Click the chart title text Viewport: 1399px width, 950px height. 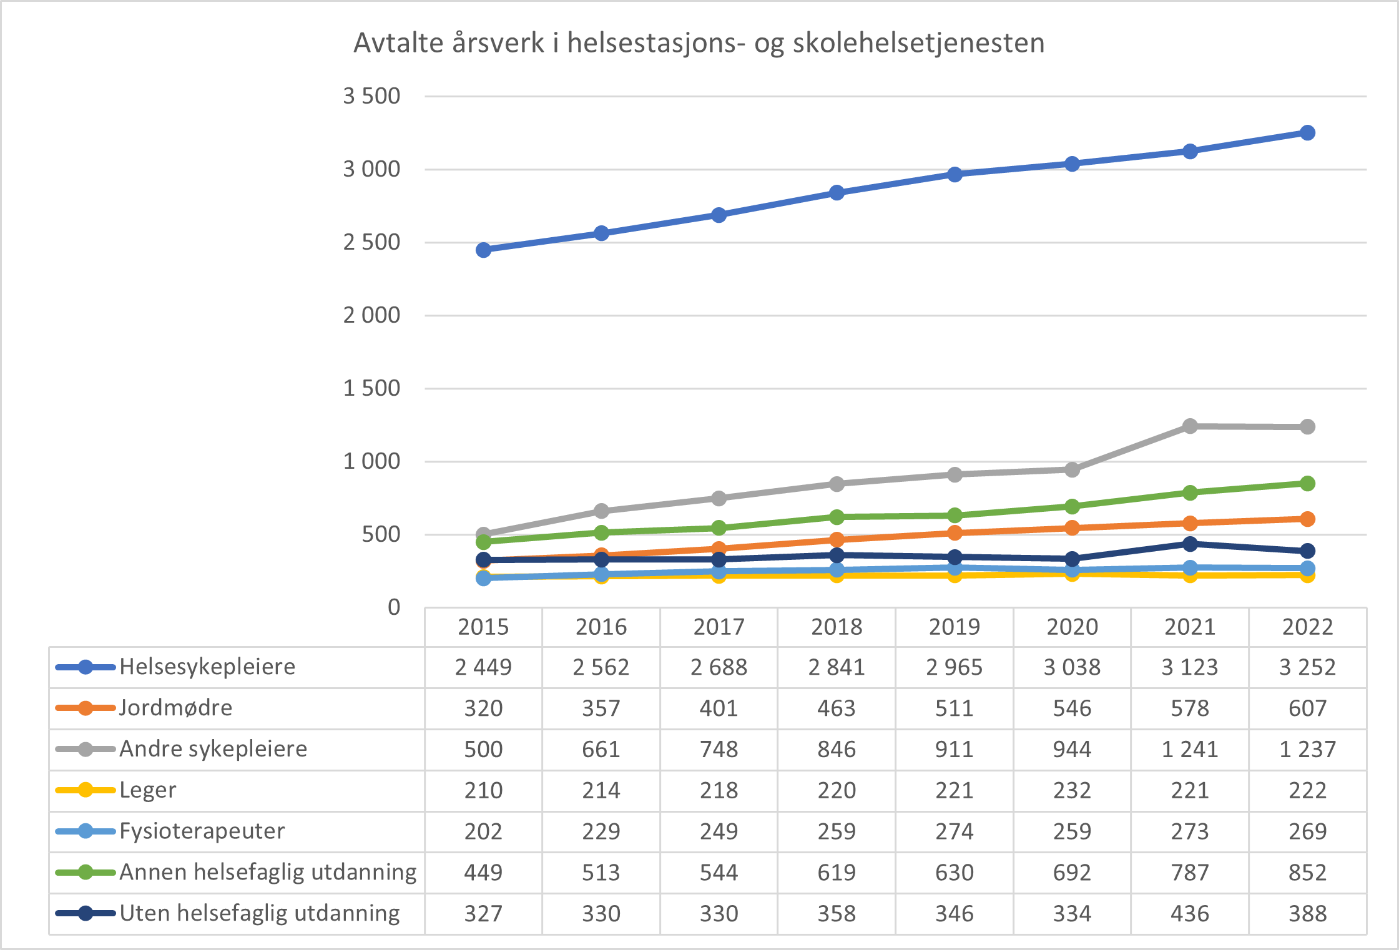(x=699, y=44)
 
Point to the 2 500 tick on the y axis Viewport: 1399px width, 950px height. (x=371, y=242)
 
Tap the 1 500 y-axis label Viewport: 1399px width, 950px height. (x=371, y=388)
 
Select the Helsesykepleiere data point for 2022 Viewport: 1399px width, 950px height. (x=1307, y=133)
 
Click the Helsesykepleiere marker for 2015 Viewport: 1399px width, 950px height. (x=483, y=250)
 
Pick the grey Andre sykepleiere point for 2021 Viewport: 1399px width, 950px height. (x=1190, y=426)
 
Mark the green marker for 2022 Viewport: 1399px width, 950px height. (x=1307, y=484)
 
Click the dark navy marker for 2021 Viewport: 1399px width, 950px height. (x=1190, y=544)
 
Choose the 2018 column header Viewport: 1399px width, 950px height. (x=837, y=627)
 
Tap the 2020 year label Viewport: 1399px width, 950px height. (x=1072, y=627)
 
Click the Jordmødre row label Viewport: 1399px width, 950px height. (x=175, y=708)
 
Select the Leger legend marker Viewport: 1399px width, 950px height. (x=86, y=790)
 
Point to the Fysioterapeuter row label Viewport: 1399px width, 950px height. (x=202, y=831)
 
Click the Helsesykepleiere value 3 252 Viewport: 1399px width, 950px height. (x=1307, y=667)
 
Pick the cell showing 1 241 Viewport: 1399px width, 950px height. (x=1190, y=749)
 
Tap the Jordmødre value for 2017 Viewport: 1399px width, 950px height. (x=719, y=708)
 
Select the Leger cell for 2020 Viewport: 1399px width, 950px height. (x=1072, y=791)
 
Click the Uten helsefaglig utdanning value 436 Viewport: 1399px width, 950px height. (x=1190, y=914)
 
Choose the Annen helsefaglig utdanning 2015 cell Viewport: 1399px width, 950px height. (x=483, y=873)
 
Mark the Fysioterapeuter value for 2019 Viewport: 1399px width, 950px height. (x=954, y=831)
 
